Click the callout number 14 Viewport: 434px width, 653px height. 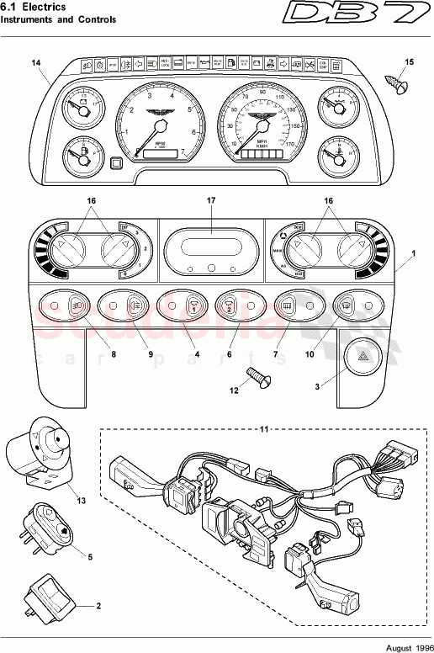[35, 63]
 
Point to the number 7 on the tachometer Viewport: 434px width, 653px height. [183, 152]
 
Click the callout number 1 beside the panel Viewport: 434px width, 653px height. [412, 253]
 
